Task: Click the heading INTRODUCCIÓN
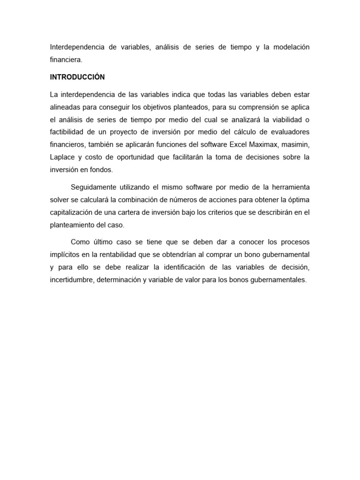(77, 77)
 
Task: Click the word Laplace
(62, 157)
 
